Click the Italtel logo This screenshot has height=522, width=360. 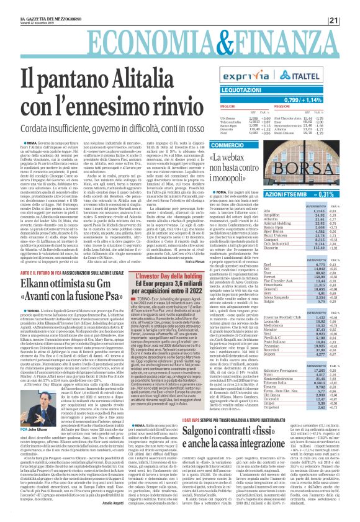point(325,76)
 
